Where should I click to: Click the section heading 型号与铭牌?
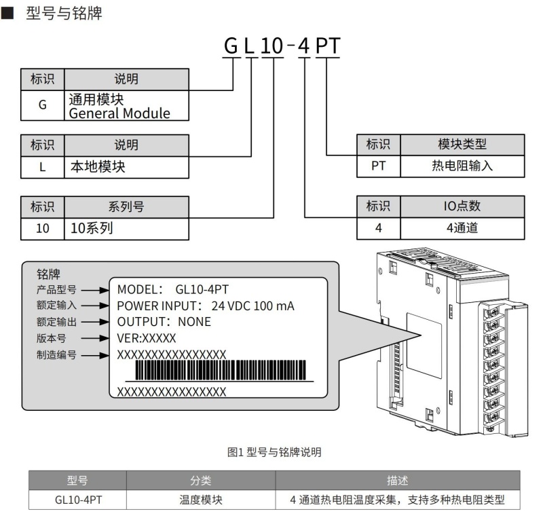click(64, 13)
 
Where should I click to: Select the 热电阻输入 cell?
click(462, 166)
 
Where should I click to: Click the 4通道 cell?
click(462, 227)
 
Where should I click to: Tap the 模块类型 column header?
click(462, 144)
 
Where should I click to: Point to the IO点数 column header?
click(462, 206)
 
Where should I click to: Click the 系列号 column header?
click(126, 206)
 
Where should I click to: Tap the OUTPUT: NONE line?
click(164, 321)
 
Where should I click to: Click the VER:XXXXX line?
click(146, 337)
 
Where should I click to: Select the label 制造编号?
click(56, 354)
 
